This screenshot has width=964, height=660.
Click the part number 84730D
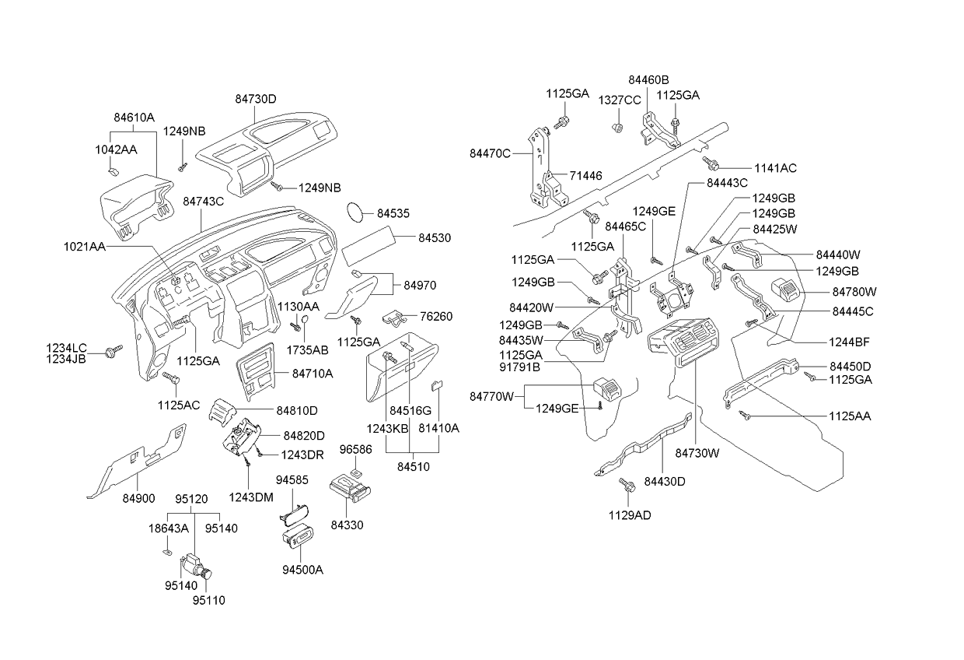click(256, 99)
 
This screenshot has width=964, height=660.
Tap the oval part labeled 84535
click(355, 212)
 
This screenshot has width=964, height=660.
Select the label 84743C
click(203, 201)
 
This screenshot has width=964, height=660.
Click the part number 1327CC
click(619, 100)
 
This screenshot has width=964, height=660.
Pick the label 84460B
click(648, 79)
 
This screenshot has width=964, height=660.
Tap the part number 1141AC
click(775, 168)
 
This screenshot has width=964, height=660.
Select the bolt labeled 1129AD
click(625, 486)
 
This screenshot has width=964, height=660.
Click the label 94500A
click(302, 569)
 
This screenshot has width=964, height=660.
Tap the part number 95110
click(209, 600)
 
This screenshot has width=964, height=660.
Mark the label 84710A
click(313, 374)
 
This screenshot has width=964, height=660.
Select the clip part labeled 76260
click(396, 318)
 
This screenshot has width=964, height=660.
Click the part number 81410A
click(438, 428)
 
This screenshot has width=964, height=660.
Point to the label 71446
click(586, 177)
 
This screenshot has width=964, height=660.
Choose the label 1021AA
click(84, 246)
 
